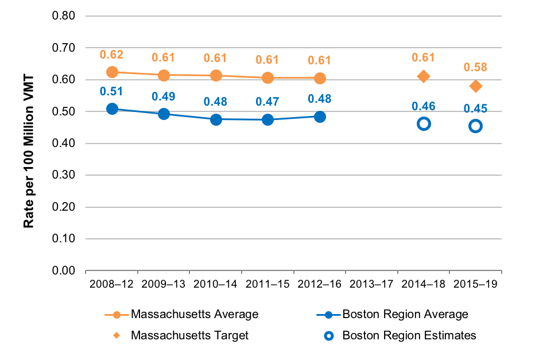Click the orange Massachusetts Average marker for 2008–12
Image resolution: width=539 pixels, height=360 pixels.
[x=112, y=72]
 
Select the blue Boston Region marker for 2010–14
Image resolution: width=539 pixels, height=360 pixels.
[x=216, y=119]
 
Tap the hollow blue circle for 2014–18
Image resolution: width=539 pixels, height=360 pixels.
[x=424, y=123]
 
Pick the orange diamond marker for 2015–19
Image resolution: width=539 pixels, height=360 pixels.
[x=475, y=86]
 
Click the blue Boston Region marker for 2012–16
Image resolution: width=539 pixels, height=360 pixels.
[x=320, y=117]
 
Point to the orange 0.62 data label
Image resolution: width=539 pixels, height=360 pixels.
[x=112, y=55]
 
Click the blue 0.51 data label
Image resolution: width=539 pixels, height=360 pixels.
[x=112, y=91]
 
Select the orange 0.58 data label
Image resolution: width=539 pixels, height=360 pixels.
[x=475, y=67]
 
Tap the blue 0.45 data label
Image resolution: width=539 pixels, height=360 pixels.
[x=475, y=107]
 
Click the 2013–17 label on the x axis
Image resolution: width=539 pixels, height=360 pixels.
[x=371, y=284]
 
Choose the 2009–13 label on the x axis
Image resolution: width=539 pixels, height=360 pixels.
[x=164, y=284]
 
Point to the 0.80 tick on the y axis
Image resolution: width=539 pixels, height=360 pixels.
[x=64, y=16]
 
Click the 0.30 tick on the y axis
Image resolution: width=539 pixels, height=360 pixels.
[x=64, y=175]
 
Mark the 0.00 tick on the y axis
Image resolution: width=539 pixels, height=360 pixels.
[x=64, y=270]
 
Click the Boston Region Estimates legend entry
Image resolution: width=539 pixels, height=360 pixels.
[x=397, y=335]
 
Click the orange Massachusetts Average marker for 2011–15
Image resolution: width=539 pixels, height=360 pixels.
[x=267, y=78]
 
